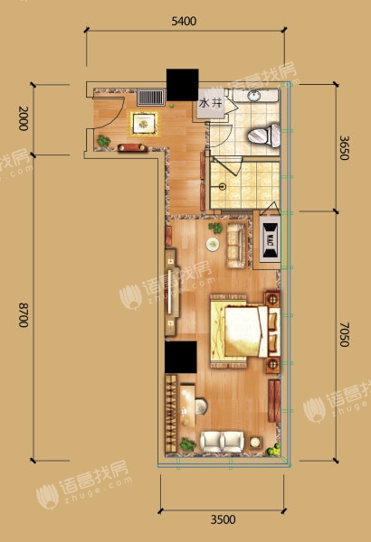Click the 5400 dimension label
(184, 22)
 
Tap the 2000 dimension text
(24, 118)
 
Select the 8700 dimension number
(24, 315)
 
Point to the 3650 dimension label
(344, 147)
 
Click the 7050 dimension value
(344, 334)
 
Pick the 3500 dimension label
(224, 519)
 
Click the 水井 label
(210, 103)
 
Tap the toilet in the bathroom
(264, 135)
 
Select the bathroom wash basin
(256, 96)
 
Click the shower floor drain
(223, 187)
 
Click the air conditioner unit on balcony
(270, 240)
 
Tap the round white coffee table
(213, 245)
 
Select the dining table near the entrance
(144, 123)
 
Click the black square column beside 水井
(183, 85)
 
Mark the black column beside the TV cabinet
(181, 357)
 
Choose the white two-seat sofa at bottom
(222, 441)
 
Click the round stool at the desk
(201, 406)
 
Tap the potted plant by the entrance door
(103, 141)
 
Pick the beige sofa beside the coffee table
(236, 246)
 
